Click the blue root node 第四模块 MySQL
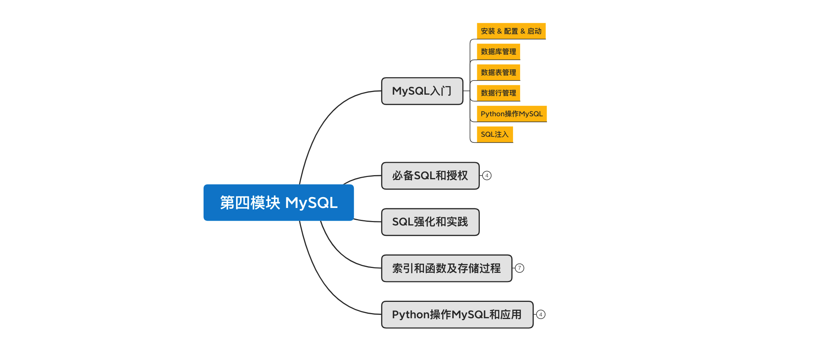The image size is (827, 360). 278,202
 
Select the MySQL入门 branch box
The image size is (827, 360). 422,91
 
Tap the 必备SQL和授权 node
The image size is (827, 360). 430,176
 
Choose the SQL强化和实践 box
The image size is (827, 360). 430,222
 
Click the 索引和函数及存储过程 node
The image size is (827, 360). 446,268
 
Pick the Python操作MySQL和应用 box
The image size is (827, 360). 457,315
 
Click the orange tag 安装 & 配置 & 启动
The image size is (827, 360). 511,31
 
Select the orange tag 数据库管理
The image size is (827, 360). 498,51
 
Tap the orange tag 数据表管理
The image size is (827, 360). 498,72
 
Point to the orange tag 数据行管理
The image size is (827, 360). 498,93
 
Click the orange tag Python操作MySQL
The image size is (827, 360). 512,114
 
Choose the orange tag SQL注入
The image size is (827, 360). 494,134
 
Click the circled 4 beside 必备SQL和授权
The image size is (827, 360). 487,176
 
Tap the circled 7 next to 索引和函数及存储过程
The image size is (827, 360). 519,268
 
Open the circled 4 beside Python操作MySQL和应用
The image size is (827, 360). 541,315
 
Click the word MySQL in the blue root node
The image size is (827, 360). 311,203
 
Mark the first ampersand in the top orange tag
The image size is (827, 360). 499,31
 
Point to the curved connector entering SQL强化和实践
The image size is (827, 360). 367,221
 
